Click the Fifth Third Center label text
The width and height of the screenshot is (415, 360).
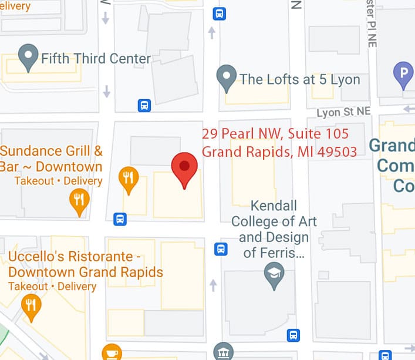click(96, 59)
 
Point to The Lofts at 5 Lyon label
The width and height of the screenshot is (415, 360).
click(300, 79)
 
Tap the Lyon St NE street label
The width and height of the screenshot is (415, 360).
click(344, 112)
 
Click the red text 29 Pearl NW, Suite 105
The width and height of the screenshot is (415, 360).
click(275, 134)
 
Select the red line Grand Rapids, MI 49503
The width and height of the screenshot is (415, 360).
click(279, 152)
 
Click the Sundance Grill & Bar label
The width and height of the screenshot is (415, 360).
click(52, 159)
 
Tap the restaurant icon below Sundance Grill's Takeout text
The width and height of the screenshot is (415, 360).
click(79, 201)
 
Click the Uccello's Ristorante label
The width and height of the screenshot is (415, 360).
click(86, 264)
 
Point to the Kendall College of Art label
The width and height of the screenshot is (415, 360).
click(274, 222)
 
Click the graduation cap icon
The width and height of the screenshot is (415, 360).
click(274, 274)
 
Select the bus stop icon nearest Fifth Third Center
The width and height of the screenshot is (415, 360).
click(144, 106)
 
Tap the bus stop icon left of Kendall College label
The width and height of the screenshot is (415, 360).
click(221, 249)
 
